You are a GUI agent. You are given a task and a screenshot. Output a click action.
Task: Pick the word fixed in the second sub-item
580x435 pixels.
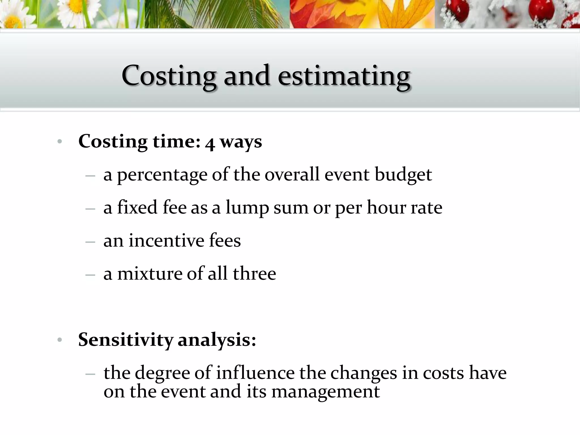point(137,207)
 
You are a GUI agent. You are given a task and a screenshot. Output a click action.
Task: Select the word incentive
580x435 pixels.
point(166,241)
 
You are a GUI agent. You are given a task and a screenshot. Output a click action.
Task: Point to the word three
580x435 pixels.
point(254,274)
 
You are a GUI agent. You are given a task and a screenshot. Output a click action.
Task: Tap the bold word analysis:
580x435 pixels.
point(217,340)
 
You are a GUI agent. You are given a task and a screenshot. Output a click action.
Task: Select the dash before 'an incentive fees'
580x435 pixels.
point(90,242)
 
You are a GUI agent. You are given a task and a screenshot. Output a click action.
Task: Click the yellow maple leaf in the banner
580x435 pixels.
point(396,14)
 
